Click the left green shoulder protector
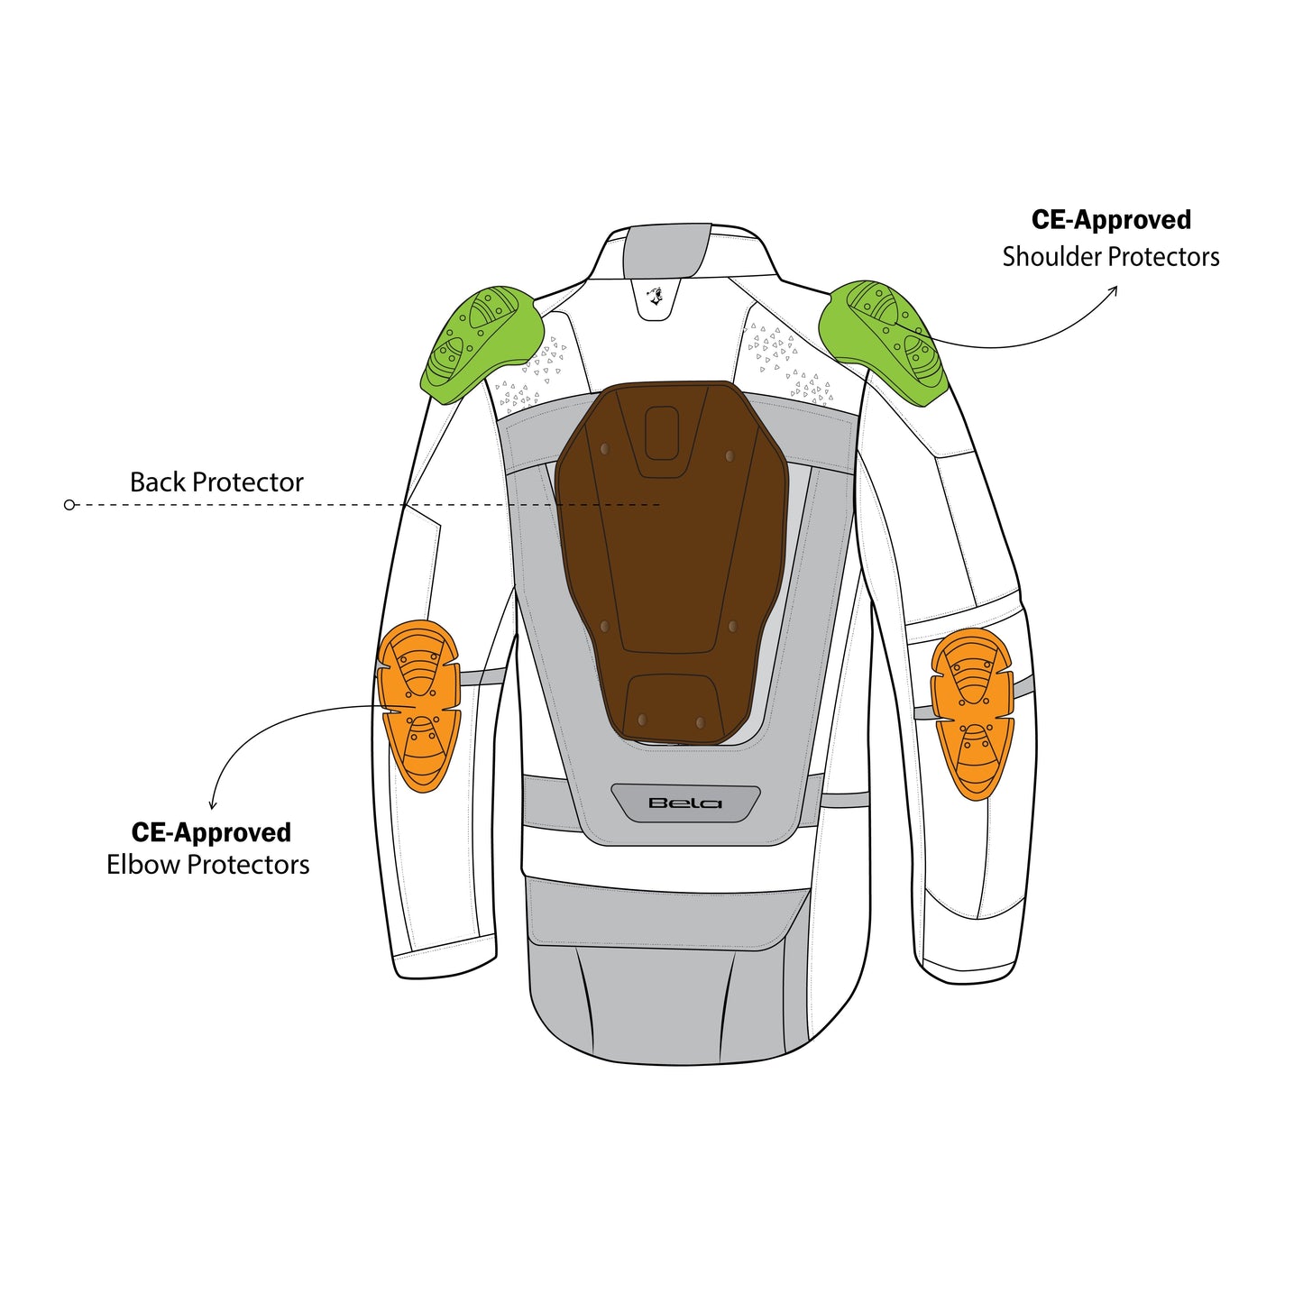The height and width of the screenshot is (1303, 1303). [483, 344]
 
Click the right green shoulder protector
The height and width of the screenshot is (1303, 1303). [883, 342]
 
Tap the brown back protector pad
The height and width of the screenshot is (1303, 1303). [671, 561]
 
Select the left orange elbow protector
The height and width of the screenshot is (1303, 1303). [419, 706]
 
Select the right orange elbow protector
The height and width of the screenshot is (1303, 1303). [972, 714]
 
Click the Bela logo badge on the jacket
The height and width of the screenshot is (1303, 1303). [685, 803]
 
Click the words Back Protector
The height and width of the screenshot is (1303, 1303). [216, 482]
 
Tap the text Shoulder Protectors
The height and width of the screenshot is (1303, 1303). [1110, 257]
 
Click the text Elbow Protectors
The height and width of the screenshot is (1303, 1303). [207, 865]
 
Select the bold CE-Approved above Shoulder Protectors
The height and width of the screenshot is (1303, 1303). [1111, 220]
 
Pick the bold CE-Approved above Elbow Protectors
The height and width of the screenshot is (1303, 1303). [211, 832]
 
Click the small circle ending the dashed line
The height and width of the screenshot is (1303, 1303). [69, 504]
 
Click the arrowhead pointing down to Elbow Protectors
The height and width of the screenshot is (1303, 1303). [213, 804]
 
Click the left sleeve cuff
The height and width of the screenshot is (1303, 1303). [446, 966]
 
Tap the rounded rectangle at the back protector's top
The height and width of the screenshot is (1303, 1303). [661, 432]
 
